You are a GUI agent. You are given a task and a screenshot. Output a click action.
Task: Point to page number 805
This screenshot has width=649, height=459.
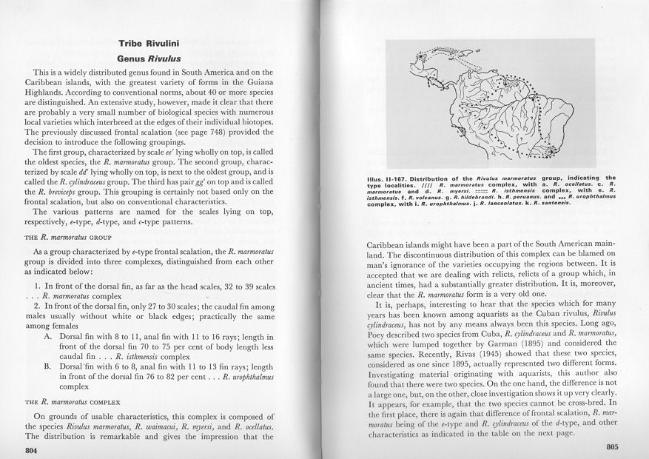click(x=611, y=446)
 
